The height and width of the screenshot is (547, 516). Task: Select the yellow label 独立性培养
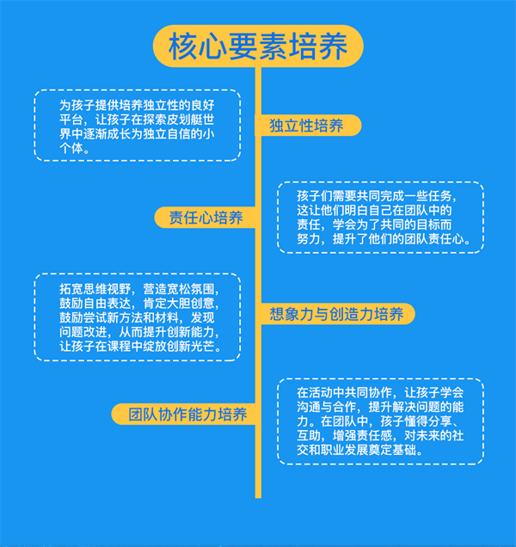(306, 126)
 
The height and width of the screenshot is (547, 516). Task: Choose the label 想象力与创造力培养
(336, 314)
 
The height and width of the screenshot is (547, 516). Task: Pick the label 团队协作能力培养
(187, 415)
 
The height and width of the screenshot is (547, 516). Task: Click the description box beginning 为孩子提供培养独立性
(137, 125)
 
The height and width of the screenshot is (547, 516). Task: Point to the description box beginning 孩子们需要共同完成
(380, 217)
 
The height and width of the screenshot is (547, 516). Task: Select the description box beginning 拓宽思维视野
(137, 317)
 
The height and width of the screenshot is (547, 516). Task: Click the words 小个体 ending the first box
(73, 148)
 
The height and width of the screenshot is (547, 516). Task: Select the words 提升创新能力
(184, 332)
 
